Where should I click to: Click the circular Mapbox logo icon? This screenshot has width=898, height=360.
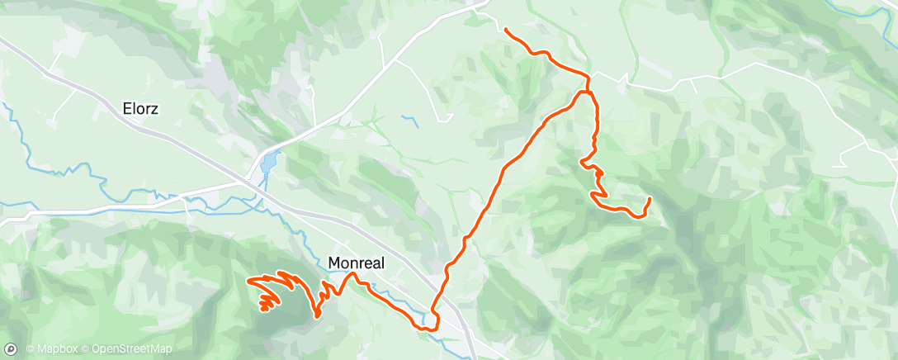tap(13, 349)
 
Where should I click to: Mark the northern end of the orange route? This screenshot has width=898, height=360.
tap(505, 30)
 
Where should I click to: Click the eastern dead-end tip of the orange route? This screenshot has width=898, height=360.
tap(650, 198)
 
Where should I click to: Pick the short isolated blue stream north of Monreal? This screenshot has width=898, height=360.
tap(410, 121)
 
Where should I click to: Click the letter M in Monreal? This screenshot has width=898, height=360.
tap(334, 263)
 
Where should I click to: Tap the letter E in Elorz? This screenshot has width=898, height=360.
tap(126, 108)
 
